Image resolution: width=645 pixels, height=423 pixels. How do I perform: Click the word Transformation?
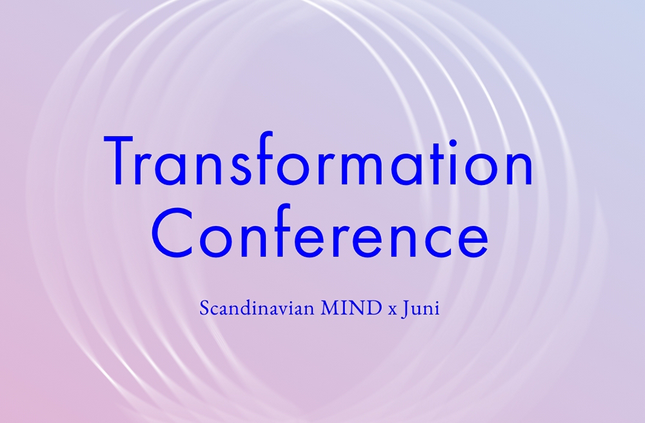[319, 159]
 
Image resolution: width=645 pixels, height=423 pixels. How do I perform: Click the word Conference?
[320, 231]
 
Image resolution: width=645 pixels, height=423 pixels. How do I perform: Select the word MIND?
[352, 308]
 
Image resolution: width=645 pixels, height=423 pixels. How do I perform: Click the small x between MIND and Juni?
[392, 311]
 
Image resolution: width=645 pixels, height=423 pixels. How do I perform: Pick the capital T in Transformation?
[119, 161]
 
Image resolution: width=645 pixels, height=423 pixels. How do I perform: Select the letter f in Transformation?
[264, 159]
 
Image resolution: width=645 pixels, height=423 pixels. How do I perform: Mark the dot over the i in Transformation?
[453, 143]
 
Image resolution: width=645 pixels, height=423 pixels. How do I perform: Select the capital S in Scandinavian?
[204, 308]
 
